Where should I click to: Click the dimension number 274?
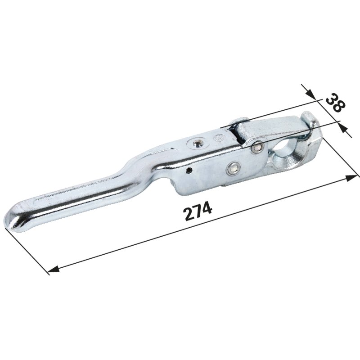pyautogui.click(x=198, y=211)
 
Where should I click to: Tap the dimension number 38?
pyautogui.click(x=335, y=103)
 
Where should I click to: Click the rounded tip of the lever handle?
pyautogui.click(x=12, y=219)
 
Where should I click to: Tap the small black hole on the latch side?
pyautogui.click(x=189, y=170)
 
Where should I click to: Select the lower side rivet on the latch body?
pyautogui.click(x=233, y=168)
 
